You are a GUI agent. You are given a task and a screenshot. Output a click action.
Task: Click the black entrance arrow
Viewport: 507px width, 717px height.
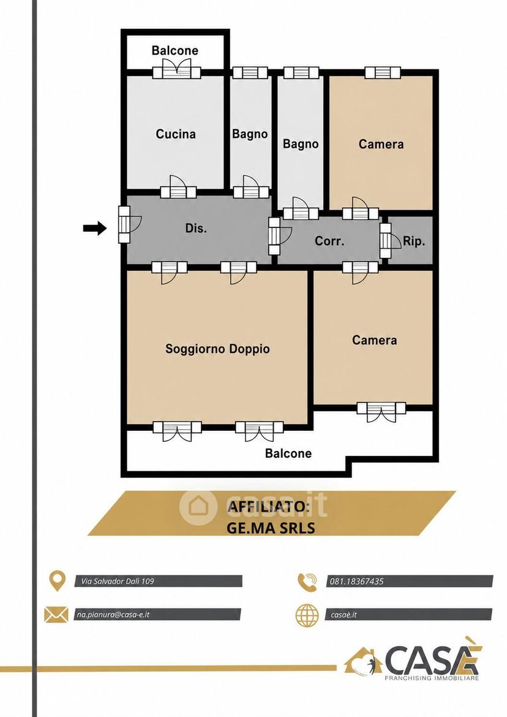[95, 228]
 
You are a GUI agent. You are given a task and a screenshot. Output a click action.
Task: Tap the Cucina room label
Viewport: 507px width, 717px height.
[176, 134]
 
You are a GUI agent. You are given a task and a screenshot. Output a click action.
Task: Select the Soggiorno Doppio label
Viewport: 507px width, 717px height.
[217, 349]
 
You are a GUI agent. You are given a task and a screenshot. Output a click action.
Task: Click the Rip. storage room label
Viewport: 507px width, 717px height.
[414, 241]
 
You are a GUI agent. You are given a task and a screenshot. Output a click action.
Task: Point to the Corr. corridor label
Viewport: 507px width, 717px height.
[329, 240]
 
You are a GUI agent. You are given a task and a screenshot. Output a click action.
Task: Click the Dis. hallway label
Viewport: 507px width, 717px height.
[196, 228]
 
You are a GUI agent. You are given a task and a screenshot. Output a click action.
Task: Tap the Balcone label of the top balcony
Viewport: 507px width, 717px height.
[175, 50]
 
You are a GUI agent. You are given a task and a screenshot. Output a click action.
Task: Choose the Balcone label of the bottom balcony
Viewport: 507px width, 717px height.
[288, 453]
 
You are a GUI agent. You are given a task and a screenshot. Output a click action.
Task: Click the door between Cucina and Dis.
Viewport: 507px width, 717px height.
[178, 188]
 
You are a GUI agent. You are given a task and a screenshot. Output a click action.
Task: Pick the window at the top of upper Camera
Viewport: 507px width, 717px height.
[382, 72]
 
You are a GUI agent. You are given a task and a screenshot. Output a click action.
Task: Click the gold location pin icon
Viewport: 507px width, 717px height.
[56, 581]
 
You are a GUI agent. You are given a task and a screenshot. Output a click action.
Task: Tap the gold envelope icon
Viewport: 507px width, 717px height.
[56, 614]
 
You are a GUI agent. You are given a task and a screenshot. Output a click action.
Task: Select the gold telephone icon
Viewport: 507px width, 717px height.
[307, 582]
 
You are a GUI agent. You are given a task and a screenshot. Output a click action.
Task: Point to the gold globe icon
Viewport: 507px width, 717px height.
[307, 615]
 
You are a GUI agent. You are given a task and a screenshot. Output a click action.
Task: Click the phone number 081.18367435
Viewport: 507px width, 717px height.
[357, 582]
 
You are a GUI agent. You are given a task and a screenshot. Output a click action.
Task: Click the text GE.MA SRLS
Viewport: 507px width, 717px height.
[271, 528]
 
